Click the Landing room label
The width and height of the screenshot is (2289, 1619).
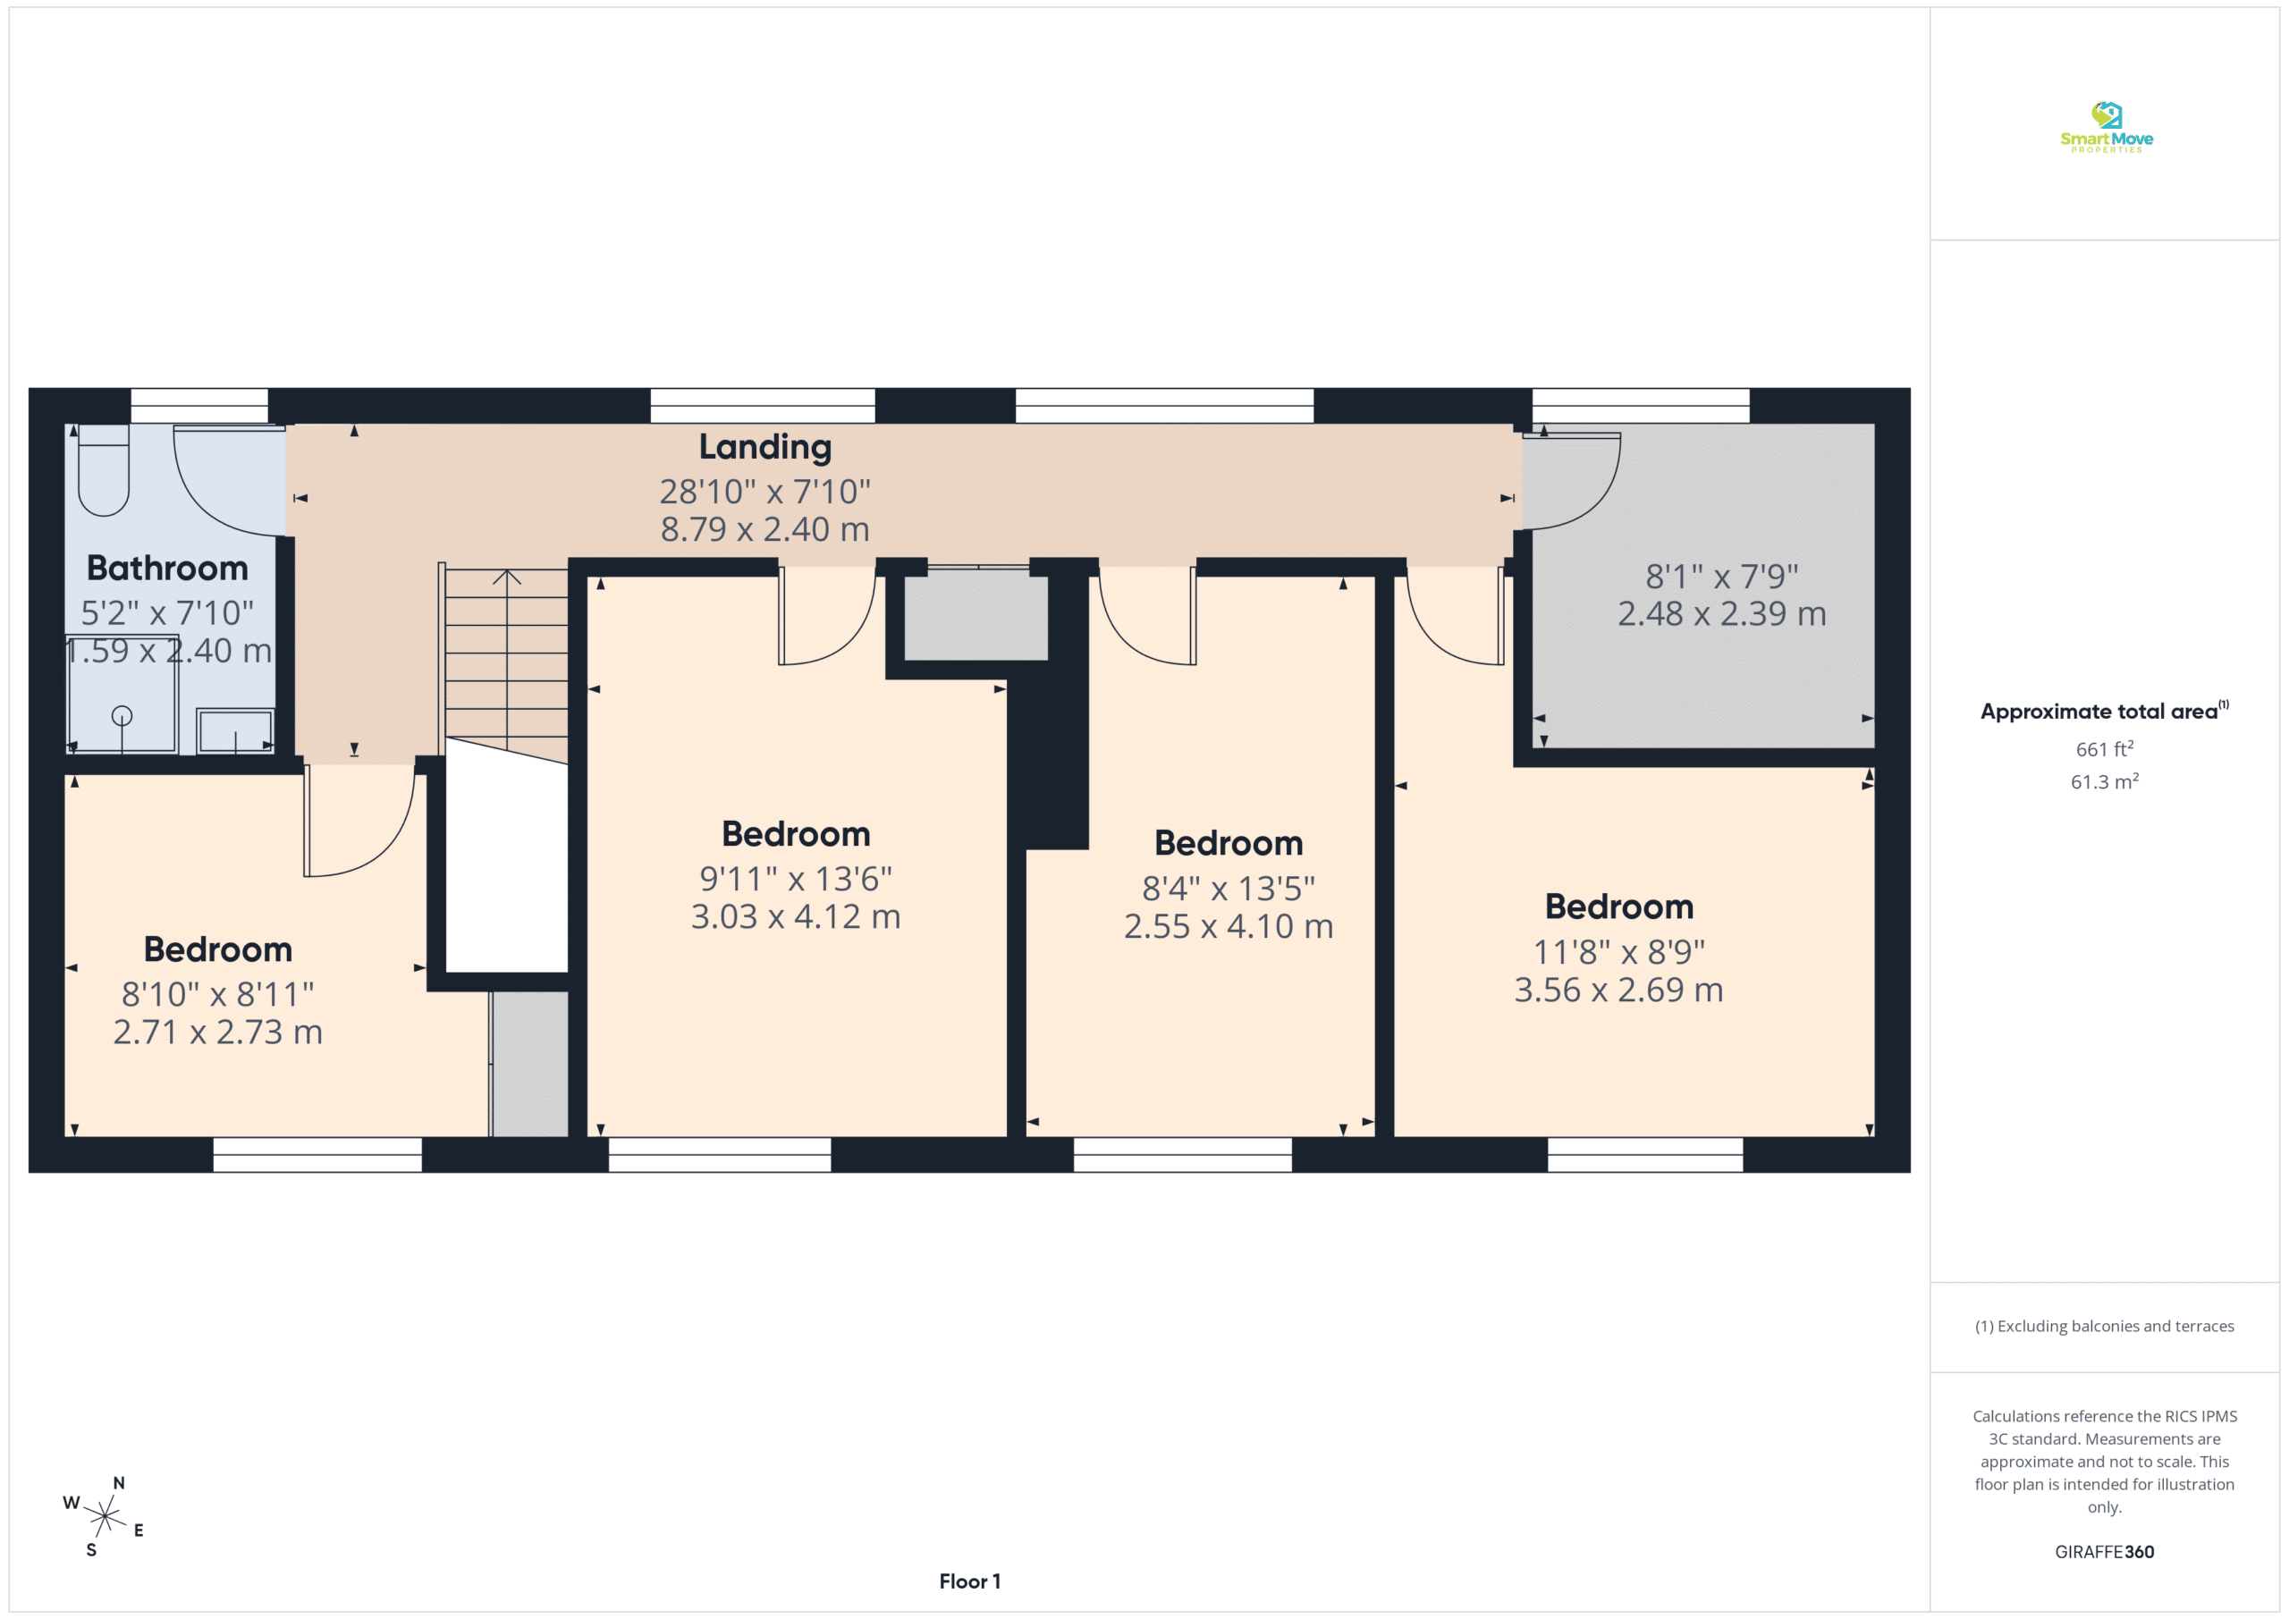(x=764, y=448)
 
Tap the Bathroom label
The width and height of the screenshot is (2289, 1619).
(x=167, y=569)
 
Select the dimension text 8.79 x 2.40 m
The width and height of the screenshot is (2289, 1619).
(x=764, y=529)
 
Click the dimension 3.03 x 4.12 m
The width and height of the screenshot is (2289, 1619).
(x=796, y=916)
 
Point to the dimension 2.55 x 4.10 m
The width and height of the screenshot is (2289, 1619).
(x=1229, y=926)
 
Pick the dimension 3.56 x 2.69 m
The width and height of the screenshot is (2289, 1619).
(x=1619, y=990)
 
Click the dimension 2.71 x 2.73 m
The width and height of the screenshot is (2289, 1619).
(x=218, y=1032)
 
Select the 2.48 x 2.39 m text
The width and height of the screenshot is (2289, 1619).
(x=1722, y=614)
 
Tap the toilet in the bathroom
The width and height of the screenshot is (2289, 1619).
(x=104, y=469)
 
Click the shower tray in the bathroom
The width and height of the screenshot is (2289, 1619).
(x=122, y=694)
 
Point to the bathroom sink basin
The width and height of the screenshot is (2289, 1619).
(x=235, y=730)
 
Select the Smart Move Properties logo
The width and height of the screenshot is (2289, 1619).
(x=2107, y=128)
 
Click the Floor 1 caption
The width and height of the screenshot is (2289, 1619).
(x=970, y=1581)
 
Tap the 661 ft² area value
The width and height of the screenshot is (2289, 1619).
(x=2105, y=748)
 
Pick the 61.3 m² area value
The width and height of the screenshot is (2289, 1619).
(x=2105, y=781)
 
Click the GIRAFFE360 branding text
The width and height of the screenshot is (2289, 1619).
(x=2105, y=1552)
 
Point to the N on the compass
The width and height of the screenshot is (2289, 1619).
(x=119, y=1483)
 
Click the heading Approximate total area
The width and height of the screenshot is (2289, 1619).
(x=2099, y=712)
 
